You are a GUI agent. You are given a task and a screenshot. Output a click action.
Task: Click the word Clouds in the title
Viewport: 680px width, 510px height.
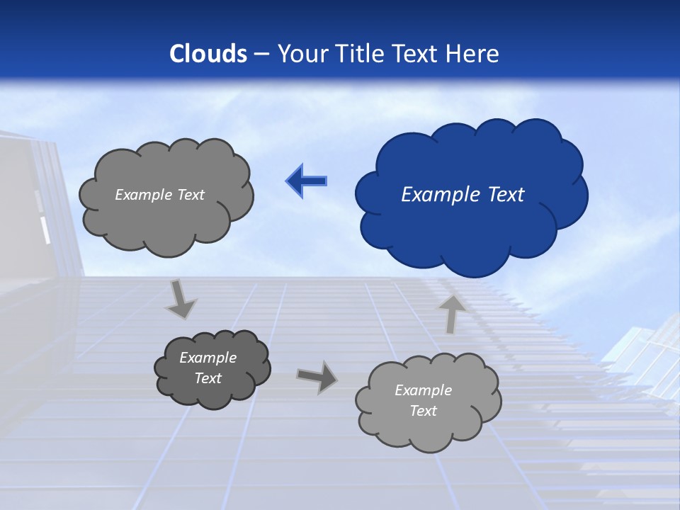pos(208,54)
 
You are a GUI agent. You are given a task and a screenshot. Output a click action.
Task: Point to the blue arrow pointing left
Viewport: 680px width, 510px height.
pos(306,181)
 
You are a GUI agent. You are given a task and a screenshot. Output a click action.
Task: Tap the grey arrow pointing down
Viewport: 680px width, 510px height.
pos(181,297)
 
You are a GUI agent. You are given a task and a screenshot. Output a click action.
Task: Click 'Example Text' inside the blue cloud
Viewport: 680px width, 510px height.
pos(463,195)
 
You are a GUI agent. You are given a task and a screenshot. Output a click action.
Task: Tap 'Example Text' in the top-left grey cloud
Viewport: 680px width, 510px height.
pos(159,195)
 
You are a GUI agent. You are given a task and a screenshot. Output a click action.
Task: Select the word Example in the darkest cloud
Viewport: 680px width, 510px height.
pos(208,358)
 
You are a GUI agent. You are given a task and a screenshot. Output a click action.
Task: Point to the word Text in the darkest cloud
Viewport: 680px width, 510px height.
pos(208,378)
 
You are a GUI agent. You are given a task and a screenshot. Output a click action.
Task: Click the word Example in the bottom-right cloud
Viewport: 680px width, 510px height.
pos(423,390)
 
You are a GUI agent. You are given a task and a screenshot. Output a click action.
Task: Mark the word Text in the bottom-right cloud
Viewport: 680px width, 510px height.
pos(423,411)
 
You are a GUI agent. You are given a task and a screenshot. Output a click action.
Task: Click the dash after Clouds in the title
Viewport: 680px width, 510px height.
pos(261,54)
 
